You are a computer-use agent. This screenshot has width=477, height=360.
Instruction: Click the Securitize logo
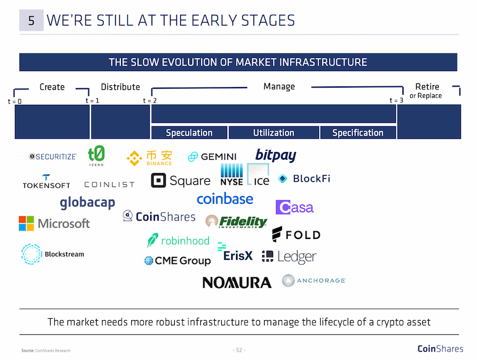tap(52, 157)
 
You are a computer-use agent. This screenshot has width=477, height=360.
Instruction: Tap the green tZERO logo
tap(96, 156)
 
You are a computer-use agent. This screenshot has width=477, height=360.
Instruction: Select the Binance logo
tap(150, 158)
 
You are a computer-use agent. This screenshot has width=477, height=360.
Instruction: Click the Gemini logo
tap(212, 157)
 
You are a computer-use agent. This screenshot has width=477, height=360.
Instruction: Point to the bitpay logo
tap(275, 156)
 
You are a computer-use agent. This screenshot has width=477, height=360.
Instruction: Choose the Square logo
tap(181, 181)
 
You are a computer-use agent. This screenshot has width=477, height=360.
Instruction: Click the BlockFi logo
tap(304, 178)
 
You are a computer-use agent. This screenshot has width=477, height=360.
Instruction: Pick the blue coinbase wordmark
tap(225, 199)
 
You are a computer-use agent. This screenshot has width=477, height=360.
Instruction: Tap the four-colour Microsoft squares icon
tap(26, 224)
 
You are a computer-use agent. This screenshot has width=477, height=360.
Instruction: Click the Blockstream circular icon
tap(31, 254)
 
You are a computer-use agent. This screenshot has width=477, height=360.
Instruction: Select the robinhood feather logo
tap(153, 240)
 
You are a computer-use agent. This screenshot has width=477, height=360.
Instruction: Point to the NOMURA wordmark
tap(237, 283)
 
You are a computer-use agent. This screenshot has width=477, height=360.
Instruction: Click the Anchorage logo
tap(314, 280)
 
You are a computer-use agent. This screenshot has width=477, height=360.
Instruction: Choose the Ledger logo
tap(289, 257)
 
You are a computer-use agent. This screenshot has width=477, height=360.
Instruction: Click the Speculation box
tap(189, 132)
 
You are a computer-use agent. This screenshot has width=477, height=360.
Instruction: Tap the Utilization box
tap(274, 132)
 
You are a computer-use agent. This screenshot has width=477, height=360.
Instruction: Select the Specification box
tap(358, 132)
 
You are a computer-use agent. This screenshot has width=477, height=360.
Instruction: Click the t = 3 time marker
tap(397, 100)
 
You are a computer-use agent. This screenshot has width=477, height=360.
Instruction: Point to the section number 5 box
tap(32, 20)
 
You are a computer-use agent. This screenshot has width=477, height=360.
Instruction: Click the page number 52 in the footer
tap(239, 350)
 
